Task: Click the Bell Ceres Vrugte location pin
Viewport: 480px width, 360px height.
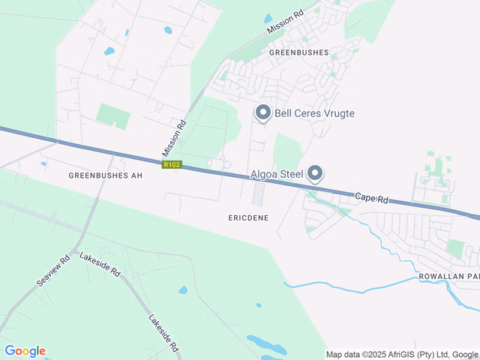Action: coord(263,113)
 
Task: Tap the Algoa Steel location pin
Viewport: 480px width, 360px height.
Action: coord(316,174)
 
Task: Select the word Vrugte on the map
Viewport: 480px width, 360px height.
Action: coord(335,114)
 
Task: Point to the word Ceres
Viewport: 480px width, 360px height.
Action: coord(300,114)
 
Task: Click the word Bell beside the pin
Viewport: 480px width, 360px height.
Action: coord(283,114)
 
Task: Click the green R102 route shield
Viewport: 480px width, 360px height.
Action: coord(171,164)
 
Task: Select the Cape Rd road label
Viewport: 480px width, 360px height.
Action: coord(371,198)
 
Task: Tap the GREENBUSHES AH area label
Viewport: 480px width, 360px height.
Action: coord(105,175)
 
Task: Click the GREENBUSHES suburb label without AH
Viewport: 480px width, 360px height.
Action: coord(298,53)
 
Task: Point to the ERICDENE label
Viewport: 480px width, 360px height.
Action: coord(248,217)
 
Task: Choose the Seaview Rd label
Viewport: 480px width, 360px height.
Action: coord(53,271)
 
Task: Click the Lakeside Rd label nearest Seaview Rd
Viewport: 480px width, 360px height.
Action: coord(100,264)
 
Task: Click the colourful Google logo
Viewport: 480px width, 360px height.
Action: coord(25,351)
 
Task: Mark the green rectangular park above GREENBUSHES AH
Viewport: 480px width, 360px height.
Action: coord(112,116)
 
